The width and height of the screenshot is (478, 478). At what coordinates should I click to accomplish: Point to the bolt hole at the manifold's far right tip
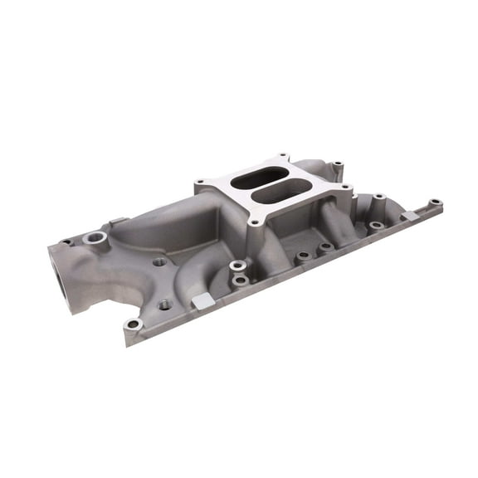(435, 202)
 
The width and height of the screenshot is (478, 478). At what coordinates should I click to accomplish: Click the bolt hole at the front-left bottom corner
(132, 324)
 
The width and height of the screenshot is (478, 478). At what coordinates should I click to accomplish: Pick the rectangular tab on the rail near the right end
(409, 216)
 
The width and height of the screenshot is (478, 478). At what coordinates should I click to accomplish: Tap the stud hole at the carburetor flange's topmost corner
(283, 156)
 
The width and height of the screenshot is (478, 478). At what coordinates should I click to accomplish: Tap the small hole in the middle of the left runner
(159, 261)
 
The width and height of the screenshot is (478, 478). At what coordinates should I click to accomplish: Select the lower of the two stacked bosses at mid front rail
(240, 280)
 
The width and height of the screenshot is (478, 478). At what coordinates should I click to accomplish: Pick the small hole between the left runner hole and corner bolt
(164, 305)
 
